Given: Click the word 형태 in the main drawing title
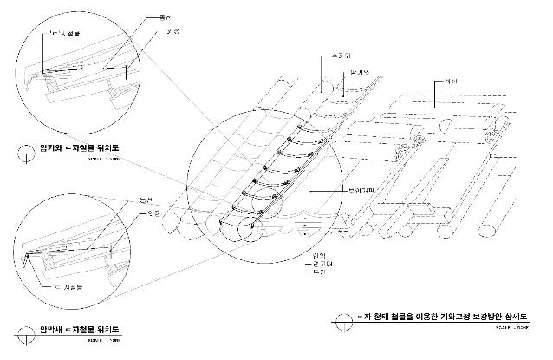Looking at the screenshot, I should pos(375,318).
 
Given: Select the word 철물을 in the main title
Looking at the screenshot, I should pos(399,318).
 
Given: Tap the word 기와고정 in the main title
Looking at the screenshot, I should pos(454,318).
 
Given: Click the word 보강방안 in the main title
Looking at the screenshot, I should pos(490,318).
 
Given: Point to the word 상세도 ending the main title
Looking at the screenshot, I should pos(523,318).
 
